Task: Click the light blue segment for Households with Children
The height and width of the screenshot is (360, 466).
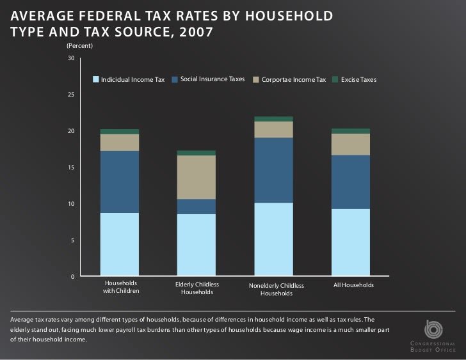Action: point(120,244)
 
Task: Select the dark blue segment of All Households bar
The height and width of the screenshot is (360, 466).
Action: point(350,182)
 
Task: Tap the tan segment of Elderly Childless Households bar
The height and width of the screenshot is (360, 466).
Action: point(197,177)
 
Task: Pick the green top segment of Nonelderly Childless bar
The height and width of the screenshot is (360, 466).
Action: point(273,119)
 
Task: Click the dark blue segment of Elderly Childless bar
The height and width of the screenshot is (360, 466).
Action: point(197,207)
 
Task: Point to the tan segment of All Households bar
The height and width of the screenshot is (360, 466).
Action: point(350,144)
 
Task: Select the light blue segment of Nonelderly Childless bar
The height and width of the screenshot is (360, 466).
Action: point(273,239)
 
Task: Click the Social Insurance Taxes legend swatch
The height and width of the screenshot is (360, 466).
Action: point(175,80)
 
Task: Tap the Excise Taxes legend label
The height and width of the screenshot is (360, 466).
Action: point(358,80)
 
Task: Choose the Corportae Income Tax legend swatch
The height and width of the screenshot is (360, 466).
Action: point(256,80)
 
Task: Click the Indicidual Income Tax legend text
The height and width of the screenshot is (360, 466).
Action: point(133,80)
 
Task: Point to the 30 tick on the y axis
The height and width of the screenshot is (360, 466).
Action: point(71,59)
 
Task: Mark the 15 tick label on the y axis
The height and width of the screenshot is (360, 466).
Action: point(71,168)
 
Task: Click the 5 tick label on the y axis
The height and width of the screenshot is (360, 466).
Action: point(73,240)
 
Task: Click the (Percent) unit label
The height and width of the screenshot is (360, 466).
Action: point(79,47)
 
